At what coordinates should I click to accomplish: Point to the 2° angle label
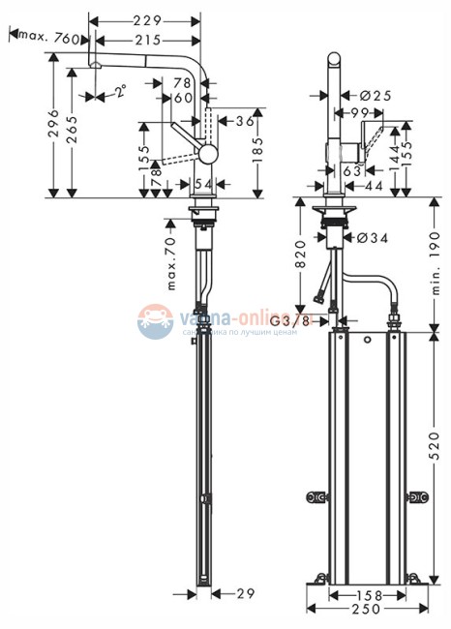(120, 93)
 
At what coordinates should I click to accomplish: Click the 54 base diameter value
(203, 183)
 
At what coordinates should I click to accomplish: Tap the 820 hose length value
(301, 253)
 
